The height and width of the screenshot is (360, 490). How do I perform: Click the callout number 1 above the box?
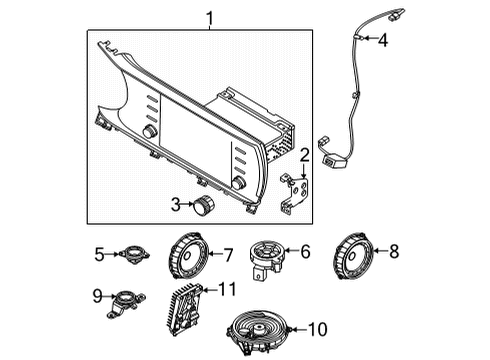click(x=209, y=16)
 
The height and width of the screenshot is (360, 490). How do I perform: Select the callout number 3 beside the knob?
click(x=176, y=205)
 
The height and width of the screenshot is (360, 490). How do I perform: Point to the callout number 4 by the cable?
click(x=382, y=39)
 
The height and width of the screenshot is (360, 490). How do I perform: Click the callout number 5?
click(x=97, y=255)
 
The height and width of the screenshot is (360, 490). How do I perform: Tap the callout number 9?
click(x=97, y=296)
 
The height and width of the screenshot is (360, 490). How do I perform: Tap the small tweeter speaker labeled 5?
click(x=131, y=256)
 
